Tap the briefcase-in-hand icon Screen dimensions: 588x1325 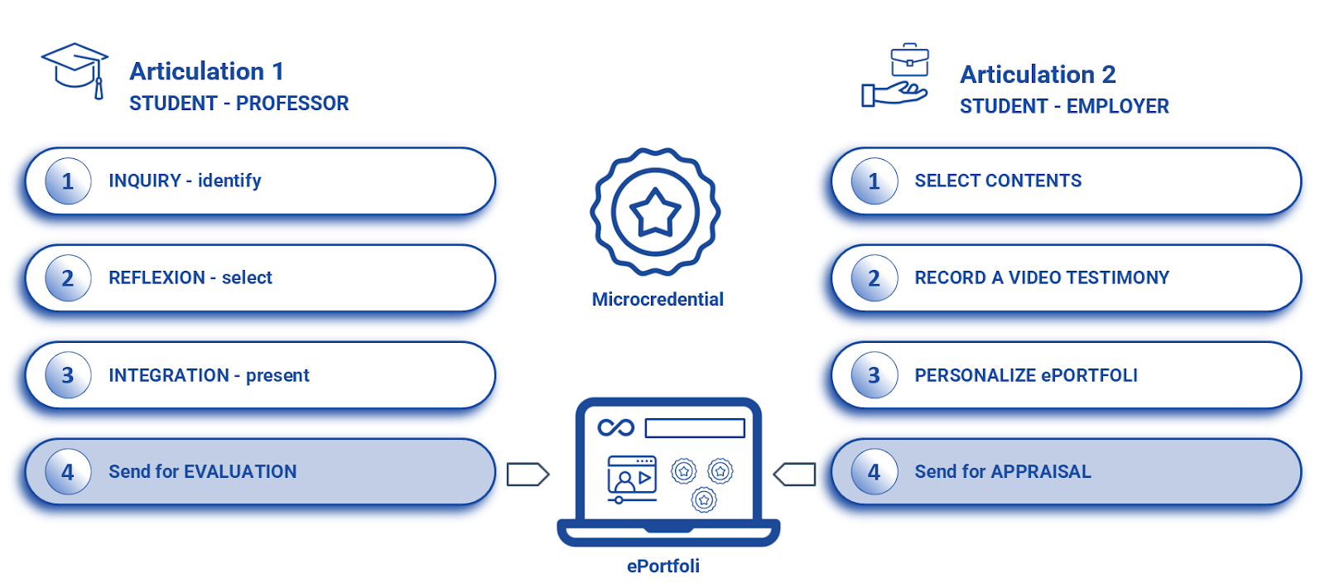point(896,76)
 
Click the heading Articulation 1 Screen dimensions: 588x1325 point(206,71)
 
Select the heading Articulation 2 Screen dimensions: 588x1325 point(1038,75)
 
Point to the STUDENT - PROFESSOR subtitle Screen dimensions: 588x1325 point(238,104)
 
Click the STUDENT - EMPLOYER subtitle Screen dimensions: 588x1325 point(1064,107)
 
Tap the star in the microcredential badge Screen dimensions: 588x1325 point(655,212)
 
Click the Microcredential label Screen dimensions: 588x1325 point(658,300)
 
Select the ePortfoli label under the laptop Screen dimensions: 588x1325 point(662,566)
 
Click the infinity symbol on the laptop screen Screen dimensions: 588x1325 point(615,427)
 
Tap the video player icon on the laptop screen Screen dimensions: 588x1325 point(632,478)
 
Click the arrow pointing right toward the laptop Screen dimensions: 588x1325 point(528,474)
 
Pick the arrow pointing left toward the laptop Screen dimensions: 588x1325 point(794,474)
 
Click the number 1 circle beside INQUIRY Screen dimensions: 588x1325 point(68,181)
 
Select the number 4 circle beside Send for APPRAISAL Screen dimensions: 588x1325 point(874,472)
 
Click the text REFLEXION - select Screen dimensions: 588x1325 point(190,278)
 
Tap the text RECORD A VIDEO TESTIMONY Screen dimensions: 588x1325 point(1042,278)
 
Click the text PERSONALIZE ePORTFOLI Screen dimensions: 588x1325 point(1026,376)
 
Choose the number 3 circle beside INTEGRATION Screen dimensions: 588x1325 point(68,376)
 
